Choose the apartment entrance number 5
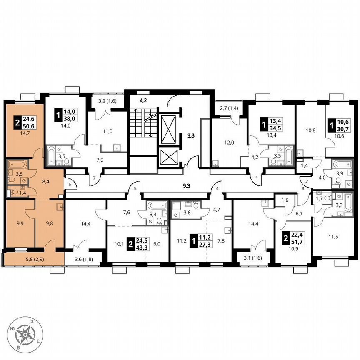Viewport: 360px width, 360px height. click(135, 188)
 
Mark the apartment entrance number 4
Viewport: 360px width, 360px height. click(217, 188)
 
